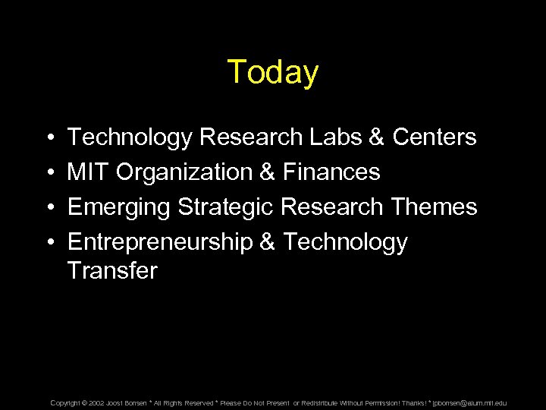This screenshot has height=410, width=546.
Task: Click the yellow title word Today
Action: click(x=273, y=72)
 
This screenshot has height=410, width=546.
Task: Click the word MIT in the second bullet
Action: click(x=88, y=172)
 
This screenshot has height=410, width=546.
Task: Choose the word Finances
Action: click(x=331, y=172)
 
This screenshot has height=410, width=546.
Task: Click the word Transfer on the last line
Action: click(x=112, y=271)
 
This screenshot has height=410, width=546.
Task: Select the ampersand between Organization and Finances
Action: click(x=267, y=172)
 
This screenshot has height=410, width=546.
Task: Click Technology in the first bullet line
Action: click(x=130, y=138)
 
